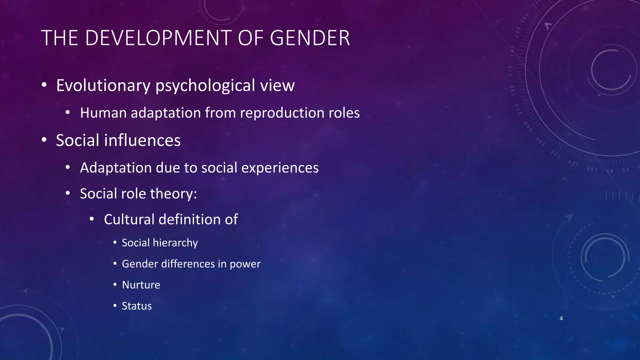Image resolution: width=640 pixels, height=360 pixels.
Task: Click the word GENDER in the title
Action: (310, 38)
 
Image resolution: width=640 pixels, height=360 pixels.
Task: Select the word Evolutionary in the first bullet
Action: (103, 86)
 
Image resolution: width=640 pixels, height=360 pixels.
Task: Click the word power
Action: (245, 264)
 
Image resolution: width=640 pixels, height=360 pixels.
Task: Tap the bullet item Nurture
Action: (141, 285)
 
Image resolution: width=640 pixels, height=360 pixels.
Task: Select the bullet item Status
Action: (137, 306)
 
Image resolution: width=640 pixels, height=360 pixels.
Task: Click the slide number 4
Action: (561, 318)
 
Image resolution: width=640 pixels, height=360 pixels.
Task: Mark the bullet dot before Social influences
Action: (44, 140)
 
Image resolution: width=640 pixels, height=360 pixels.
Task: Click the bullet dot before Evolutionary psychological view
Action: (44, 85)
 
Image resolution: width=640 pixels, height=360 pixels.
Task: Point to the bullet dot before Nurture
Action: (115, 285)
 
